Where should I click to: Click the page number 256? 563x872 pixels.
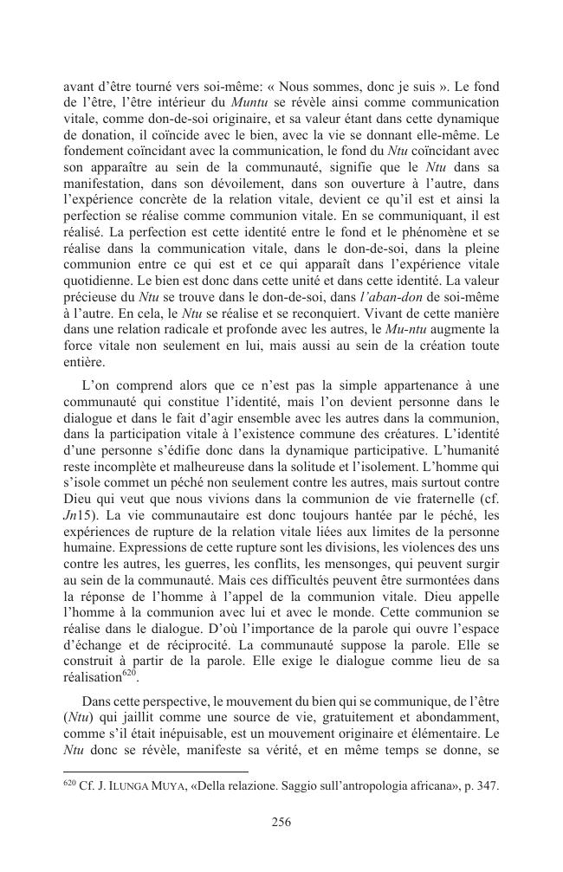(x=281, y=824)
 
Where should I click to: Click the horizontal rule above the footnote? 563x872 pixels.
(x=156, y=771)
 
